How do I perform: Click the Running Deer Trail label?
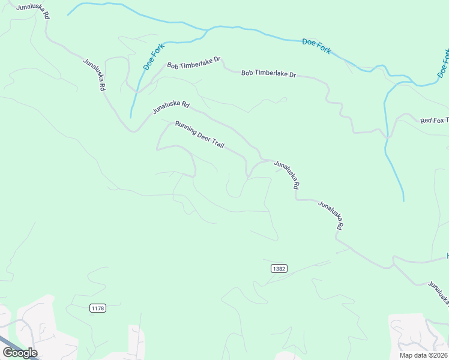pyautogui.click(x=199, y=136)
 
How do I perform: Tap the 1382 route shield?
pyautogui.click(x=279, y=268)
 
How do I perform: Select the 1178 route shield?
pyautogui.click(x=98, y=308)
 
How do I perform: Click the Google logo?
pyautogui.click(x=20, y=352)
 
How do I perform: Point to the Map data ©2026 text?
pyautogui.click(x=423, y=355)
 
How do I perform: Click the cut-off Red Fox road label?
pyautogui.click(x=434, y=121)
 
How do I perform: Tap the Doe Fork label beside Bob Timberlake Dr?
pyautogui.click(x=154, y=55)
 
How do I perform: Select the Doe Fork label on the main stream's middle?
pyautogui.click(x=316, y=46)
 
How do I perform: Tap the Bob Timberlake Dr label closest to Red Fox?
pyautogui.click(x=268, y=74)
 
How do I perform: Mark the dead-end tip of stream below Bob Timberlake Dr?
pyautogui.click(x=131, y=117)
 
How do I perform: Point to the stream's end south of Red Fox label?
pyautogui.click(x=403, y=200)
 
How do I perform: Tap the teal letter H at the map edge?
pyautogui.click(x=447, y=257)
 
